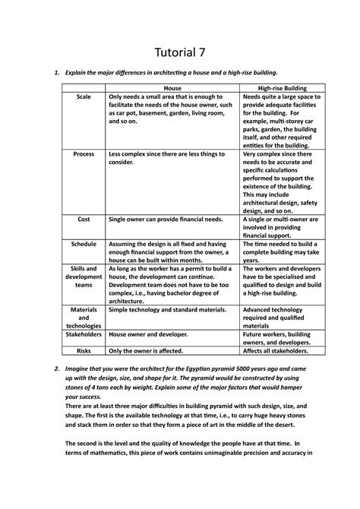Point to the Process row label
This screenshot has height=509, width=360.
coord(84,153)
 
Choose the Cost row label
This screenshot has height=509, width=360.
coord(84,218)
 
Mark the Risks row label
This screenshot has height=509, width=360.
coord(84,351)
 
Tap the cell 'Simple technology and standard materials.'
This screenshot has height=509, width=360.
coord(166,310)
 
